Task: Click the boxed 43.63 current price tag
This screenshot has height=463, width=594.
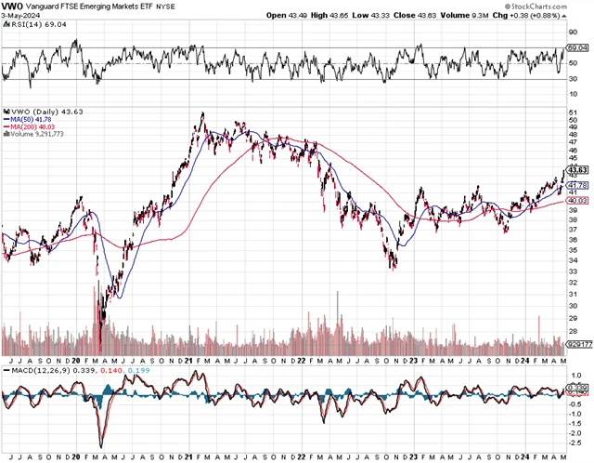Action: (x=578, y=170)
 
